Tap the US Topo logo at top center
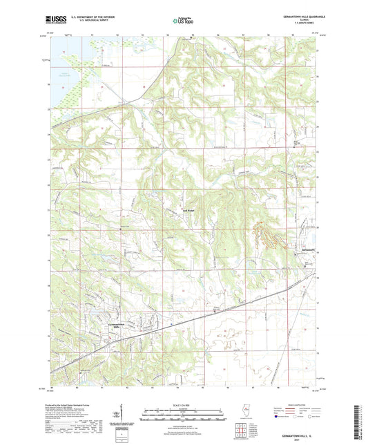point(183,21)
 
